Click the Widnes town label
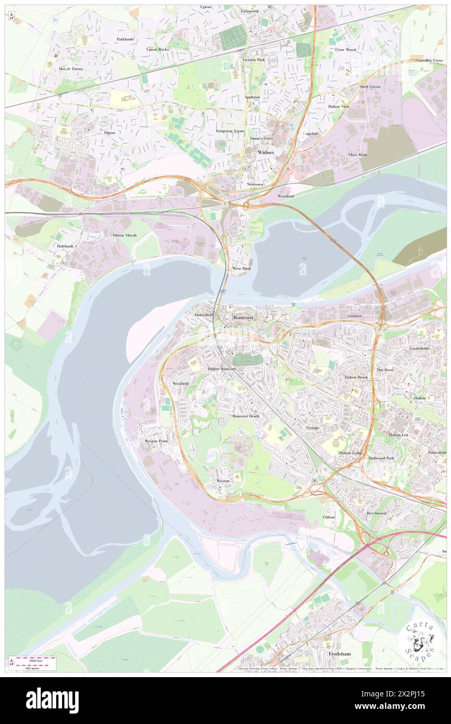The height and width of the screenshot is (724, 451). pyautogui.click(x=266, y=152)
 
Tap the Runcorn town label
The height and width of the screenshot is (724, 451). pyautogui.click(x=243, y=317)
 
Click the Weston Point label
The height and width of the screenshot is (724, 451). pyautogui.click(x=156, y=441)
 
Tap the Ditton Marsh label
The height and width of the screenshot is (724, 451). pyautogui.click(x=124, y=235)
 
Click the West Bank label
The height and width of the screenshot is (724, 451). pyautogui.click(x=241, y=268)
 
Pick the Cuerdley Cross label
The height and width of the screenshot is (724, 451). pyautogui.click(x=430, y=60)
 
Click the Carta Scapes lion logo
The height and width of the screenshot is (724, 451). pyautogui.click(x=421, y=638)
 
